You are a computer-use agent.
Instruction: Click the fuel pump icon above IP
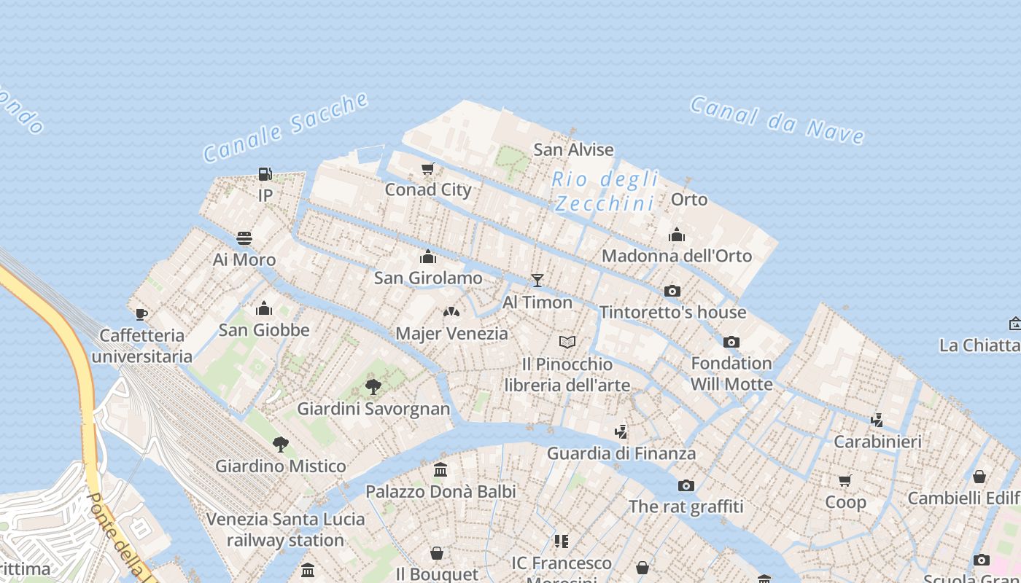point(265,174)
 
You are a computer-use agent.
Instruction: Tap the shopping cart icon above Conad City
point(428,169)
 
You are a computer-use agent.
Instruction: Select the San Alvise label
point(573,150)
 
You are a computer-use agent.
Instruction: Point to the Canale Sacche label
point(285,128)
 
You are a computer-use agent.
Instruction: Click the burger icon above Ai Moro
point(244,238)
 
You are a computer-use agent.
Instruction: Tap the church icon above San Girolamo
point(428,257)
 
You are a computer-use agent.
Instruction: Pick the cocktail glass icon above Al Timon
point(537,280)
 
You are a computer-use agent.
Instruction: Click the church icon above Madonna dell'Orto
point(677,235)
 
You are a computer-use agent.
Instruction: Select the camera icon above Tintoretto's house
point(672,291)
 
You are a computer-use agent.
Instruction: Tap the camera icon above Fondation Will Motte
point(731,342)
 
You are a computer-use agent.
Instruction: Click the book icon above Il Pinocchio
point(567,342)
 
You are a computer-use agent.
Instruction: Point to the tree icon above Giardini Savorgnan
point(373,386)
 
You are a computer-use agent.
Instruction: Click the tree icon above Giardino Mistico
point(280,444)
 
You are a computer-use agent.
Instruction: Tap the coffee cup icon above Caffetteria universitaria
point(141,314)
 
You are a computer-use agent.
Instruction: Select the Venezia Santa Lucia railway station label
point(285,530)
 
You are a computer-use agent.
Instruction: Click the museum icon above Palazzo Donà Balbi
point(440,470)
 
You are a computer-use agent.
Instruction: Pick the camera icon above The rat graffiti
point(686,485)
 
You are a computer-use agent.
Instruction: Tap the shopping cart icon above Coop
point(845,480)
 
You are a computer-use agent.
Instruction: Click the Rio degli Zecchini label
point(605,191)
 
